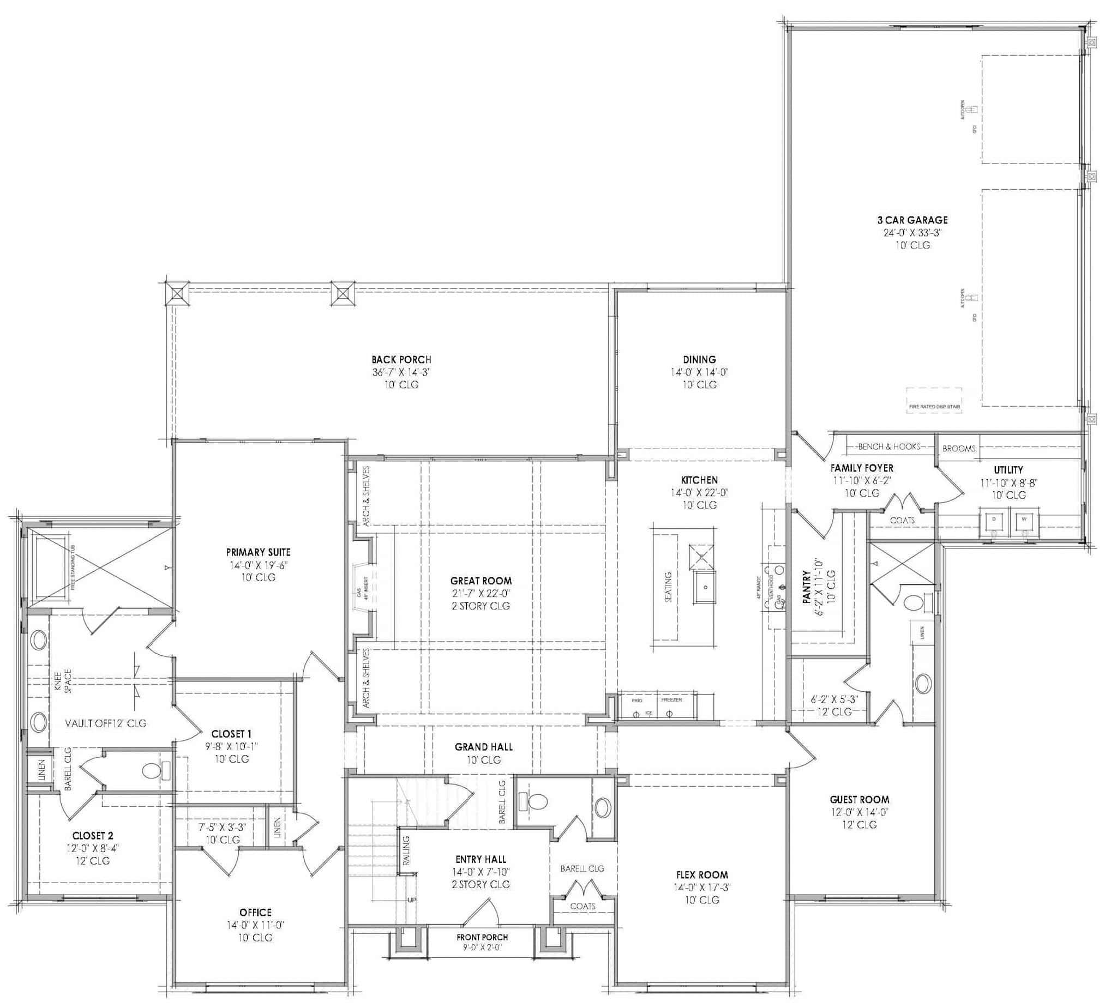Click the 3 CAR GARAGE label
pos(912,220)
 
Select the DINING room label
pos(699,359)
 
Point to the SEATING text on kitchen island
pos(668,587)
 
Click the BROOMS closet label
pos(958,449)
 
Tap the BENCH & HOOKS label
pos(888,446)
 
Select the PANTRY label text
pos(807,588)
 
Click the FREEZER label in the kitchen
pos(671,700)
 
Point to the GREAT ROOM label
pos(481,581)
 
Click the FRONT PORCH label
pos(482,937)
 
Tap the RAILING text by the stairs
pos(406,850)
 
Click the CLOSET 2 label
pos(93,835)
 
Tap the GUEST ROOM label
pos(860,799)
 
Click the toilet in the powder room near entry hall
pos(534,801)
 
